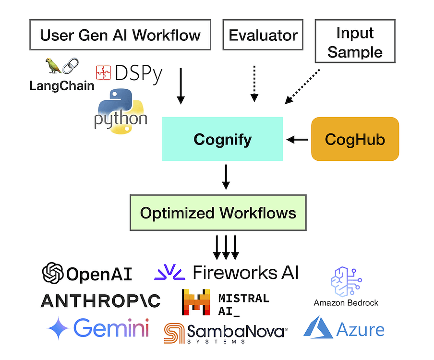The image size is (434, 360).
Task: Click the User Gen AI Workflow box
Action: point(120,35)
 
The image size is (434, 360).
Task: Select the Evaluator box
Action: point(263,35)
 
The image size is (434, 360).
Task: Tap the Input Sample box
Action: point(355,42)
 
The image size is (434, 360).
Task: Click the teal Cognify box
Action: point(222,139)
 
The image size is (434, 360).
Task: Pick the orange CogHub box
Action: point(355,139)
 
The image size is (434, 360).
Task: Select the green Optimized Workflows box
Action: point(218,213)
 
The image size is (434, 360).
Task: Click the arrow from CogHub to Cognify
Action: point(298,139)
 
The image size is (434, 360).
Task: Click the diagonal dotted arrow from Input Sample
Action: point(302,86)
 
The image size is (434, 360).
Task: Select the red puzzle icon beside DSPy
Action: point(103,72)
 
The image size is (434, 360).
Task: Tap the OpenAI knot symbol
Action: point(53,274)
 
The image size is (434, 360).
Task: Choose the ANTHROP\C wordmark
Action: point(100,301)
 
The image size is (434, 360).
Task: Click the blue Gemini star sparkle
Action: point(59,329)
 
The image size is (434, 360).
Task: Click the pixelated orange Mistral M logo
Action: point(196,302)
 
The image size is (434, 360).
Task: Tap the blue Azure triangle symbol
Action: point(318,328)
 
